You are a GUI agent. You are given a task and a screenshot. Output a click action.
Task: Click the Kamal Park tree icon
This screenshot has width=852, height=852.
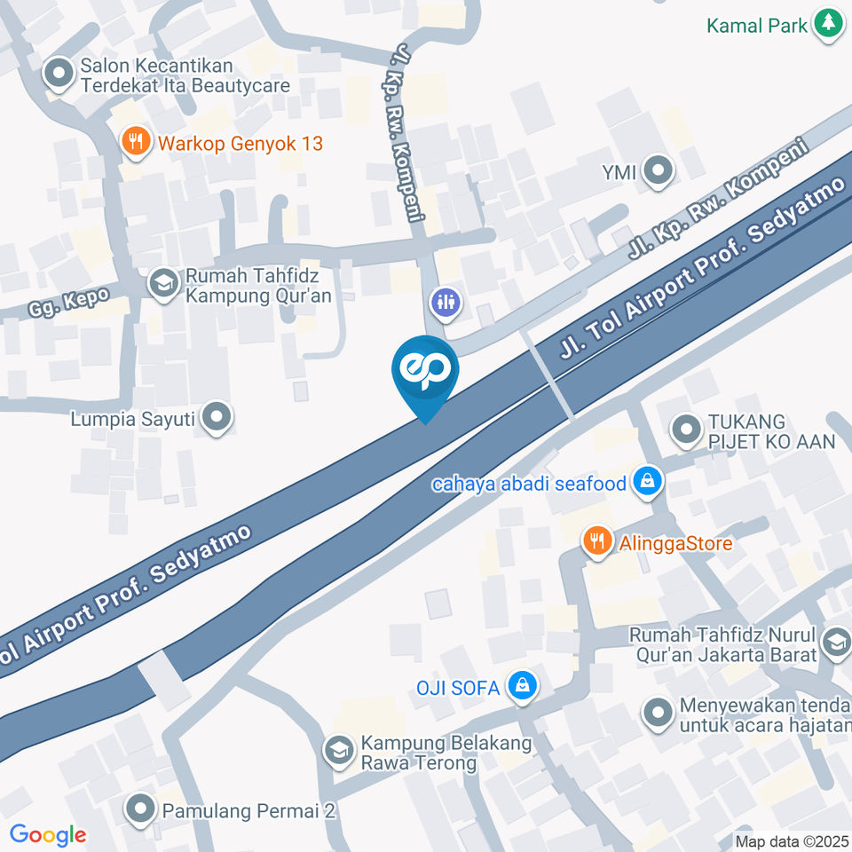point(829,24)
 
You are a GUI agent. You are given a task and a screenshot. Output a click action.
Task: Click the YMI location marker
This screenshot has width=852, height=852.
point(658,171)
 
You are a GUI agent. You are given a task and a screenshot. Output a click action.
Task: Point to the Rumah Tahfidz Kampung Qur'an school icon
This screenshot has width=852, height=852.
point(162,284)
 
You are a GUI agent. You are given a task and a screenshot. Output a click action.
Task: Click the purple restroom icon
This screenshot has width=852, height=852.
point(444,301)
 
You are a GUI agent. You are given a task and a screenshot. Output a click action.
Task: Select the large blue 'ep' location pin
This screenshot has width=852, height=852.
point(425,373)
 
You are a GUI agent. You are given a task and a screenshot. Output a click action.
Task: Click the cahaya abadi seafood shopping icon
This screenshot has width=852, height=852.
point(649,483)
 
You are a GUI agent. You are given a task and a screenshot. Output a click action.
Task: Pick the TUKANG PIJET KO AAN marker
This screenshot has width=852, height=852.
point(684,430)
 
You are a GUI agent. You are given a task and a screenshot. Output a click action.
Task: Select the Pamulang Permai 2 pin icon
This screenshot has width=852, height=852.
point(140,809)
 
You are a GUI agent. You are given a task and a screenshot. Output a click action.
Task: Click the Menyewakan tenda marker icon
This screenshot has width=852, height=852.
point(658,714)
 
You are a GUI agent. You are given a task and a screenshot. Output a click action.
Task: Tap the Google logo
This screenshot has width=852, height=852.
point(48,834)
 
